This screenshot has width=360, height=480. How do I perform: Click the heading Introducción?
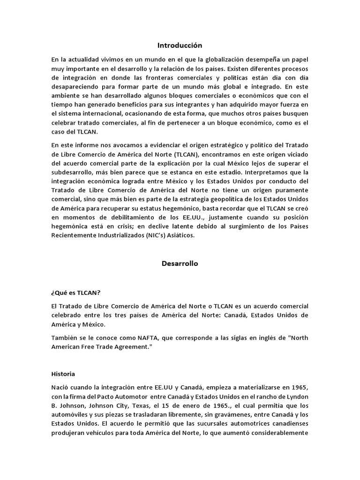click(x=180, y=45)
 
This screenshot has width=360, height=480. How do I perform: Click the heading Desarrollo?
click(x=180, y=263)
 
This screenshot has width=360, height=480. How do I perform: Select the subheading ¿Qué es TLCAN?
click(x=75, y=292)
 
